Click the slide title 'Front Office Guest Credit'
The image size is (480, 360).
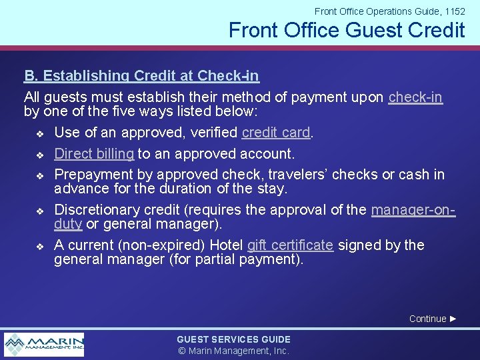pyautogui.click(x=346, y=31)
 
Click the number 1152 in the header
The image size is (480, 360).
pyautogui.click(x=453, y=11)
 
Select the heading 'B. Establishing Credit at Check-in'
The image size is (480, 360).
pyautogui.click(x=141, y=77)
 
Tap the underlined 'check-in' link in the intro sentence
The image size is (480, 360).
pyautogui.click(x=415, y=97)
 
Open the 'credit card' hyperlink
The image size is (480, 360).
pyautogui.click(x=276, y=133)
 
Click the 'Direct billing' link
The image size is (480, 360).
pyautogui.click(x=94, y=154)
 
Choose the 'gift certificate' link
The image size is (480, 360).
pyautogui.click(x=290, y=245)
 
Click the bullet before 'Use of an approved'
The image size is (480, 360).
pyautogui.click(x=39, y=134)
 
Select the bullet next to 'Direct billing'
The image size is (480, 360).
pyautogui.click(x=39, y=155)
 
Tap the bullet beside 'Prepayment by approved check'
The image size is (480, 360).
pyautogui.click(x=39, y=176)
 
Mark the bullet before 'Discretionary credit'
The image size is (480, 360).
pyautogui.click(x=39, y=211)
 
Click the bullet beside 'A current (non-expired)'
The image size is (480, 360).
pyautogui.click(x=39, y=247)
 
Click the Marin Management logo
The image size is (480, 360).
pyautogui.click(x=45, y=345)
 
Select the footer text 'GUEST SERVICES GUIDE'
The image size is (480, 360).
pyautogui.click(x=233, y=339)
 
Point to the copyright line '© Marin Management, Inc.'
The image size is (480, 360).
pyautogui.click(x=233, y=351)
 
